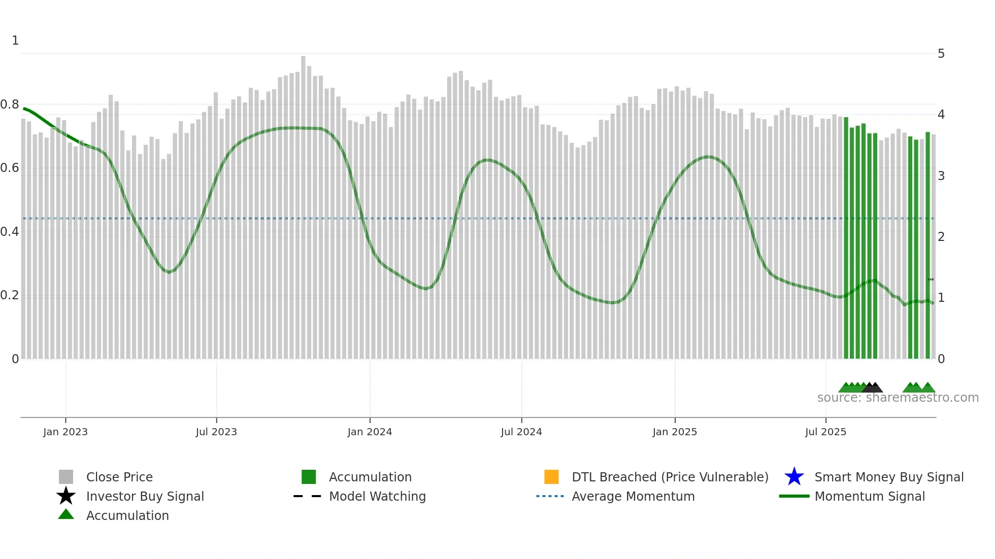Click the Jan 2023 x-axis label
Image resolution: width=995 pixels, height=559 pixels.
pos(65,432)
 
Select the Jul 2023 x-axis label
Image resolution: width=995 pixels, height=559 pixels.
pos(216,432)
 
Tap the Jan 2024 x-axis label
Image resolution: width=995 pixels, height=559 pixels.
pos(370,432)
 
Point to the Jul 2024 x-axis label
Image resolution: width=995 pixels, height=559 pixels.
pos(521,432)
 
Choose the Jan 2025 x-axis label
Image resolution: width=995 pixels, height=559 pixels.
pos(675,432)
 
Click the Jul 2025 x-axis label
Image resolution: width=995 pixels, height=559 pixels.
pos(825,432)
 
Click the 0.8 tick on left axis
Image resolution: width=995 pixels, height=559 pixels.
pos(10,104)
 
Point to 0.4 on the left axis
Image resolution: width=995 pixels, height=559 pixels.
pos(10,232)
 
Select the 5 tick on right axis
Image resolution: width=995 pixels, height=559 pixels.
pos(941,54)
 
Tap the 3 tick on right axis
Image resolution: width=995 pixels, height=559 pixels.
pos(941,176)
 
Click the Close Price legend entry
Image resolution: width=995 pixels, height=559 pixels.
pos(119,477)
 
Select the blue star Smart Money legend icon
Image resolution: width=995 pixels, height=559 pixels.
pos(794,477)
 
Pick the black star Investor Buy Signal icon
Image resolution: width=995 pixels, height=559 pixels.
pos(66,496)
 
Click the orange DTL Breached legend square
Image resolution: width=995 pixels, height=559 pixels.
pos(551,477)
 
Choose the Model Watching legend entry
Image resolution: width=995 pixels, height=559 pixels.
pos(377,496)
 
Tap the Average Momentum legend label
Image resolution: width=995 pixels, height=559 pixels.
pos(633,496)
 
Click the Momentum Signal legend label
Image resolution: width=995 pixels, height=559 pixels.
pos(870,496)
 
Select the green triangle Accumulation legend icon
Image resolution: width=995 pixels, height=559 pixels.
pos(66,514)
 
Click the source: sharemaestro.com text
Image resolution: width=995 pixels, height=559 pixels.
pos(898,398)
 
